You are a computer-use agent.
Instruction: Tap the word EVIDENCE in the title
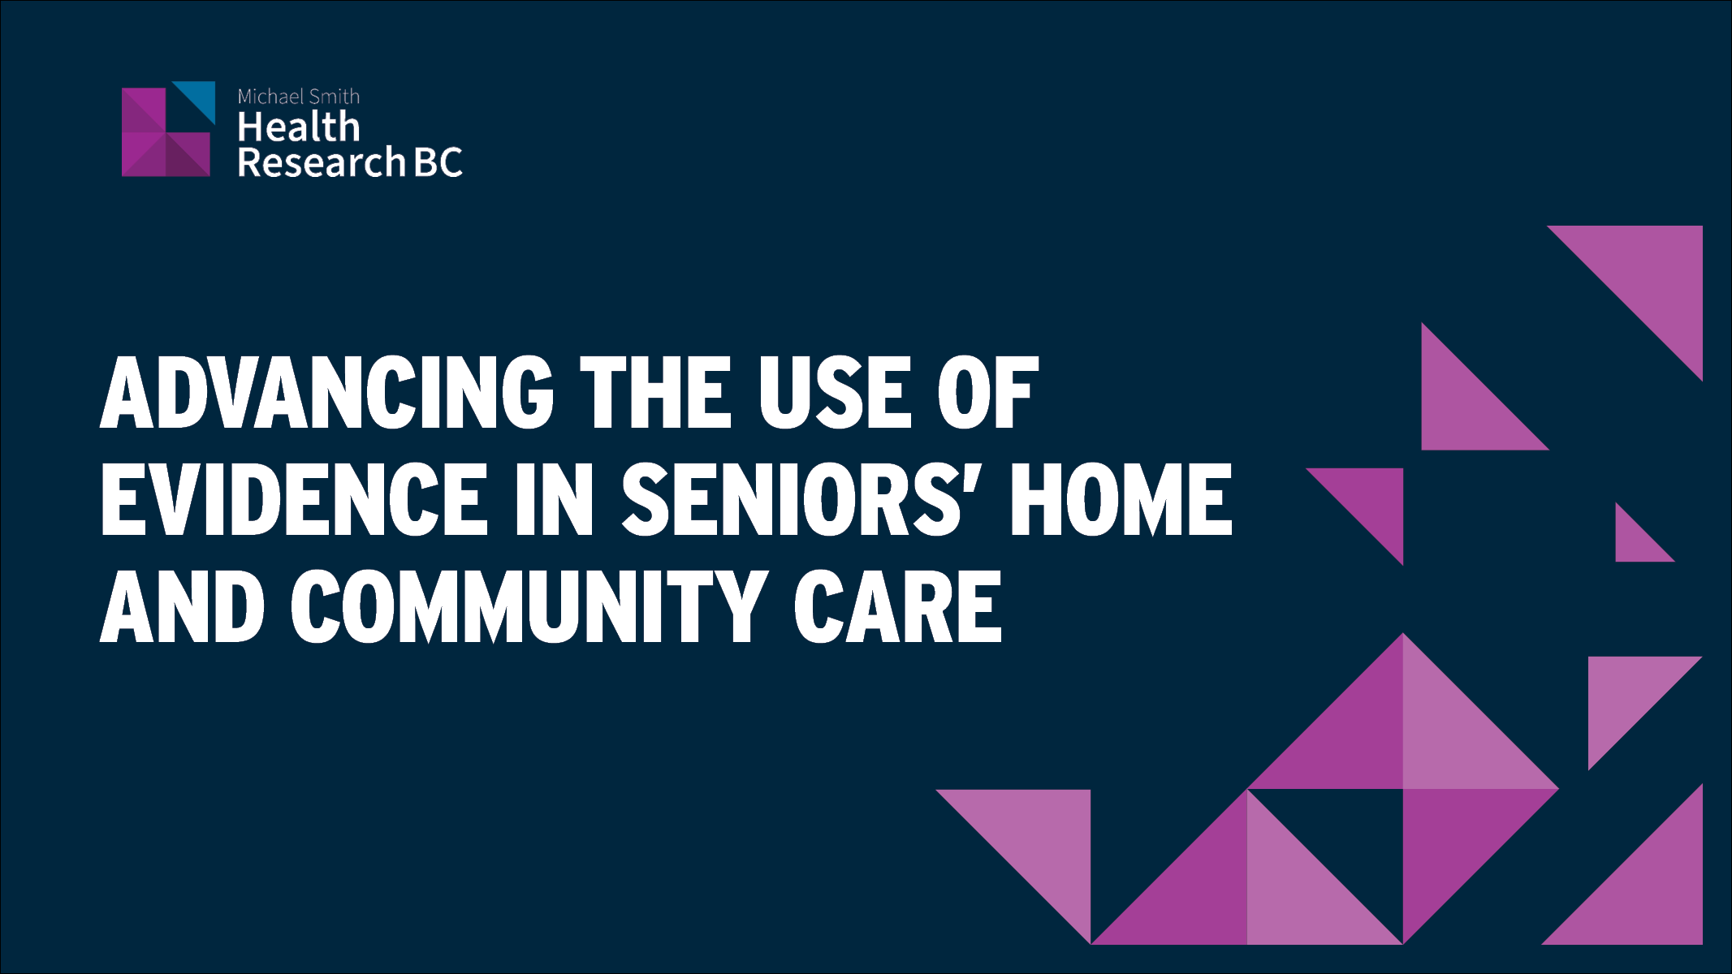(293, 500)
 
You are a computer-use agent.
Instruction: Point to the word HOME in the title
(1121, 500)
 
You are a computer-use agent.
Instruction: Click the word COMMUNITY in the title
(529, 607)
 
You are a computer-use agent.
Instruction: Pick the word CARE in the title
(898, 607)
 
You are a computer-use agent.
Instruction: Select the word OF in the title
(987, 393)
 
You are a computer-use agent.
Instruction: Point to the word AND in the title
(182, 607)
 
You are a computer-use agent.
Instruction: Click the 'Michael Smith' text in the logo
(298, 97)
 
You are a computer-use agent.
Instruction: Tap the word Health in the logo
(298, 127)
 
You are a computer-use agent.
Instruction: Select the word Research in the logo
(321, 162)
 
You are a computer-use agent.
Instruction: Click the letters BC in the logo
(438, 162)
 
